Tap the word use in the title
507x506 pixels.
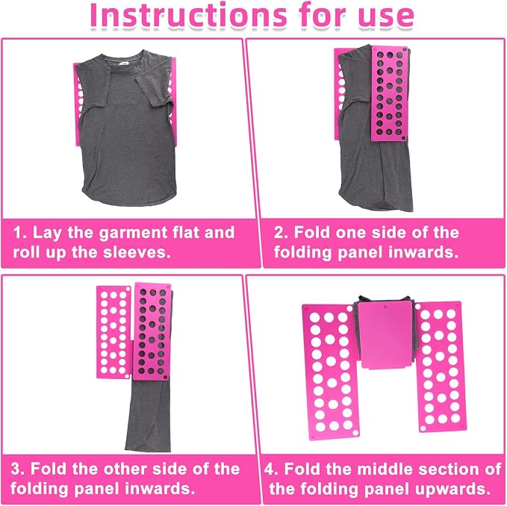[x=386, y=18]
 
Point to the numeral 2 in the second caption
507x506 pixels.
[x=279, y=233]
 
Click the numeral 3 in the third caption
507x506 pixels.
[x=16, y=469]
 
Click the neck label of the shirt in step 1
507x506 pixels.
[x=123, y=63]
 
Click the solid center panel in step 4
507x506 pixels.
[x=385, y=335]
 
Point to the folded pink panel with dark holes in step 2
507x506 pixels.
[x=390, y=93]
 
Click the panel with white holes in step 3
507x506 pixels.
[x=113, y=332]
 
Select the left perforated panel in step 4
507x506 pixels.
[x=331, y=372]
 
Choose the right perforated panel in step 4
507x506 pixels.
[x=441, y=366]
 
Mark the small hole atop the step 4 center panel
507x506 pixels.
[x=385, y=306]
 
